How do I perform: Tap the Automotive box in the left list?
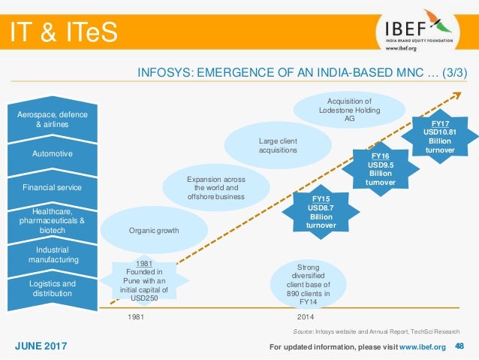pos(57,154)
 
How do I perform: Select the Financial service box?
pos(57,186)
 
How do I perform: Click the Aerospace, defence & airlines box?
pos(57,119)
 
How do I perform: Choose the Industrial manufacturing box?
pos(57,254)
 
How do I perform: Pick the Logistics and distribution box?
pos(57,289)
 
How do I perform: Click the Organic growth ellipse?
pos(153,230)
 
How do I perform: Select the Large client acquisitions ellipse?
pos(278,145)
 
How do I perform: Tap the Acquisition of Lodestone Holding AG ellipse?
pos(350,108)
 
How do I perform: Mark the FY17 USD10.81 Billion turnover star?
pos(440,136)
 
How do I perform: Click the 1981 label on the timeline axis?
pos(136,317)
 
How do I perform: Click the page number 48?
pos(461,346)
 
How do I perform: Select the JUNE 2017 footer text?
pos(41,346)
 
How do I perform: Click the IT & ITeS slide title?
pos(63,32)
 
